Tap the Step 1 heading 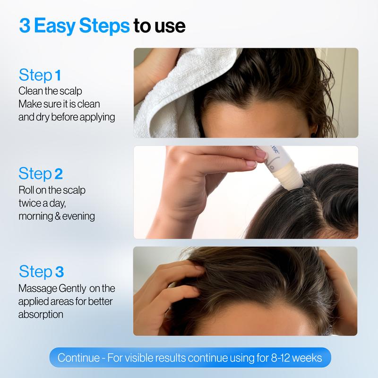tap(40, 75)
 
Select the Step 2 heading tap(41, 173)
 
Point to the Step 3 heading tap(41, 272)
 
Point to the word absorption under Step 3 tap(41, 314)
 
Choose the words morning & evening tap(56, 216)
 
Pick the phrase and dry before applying tap(67, 117)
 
